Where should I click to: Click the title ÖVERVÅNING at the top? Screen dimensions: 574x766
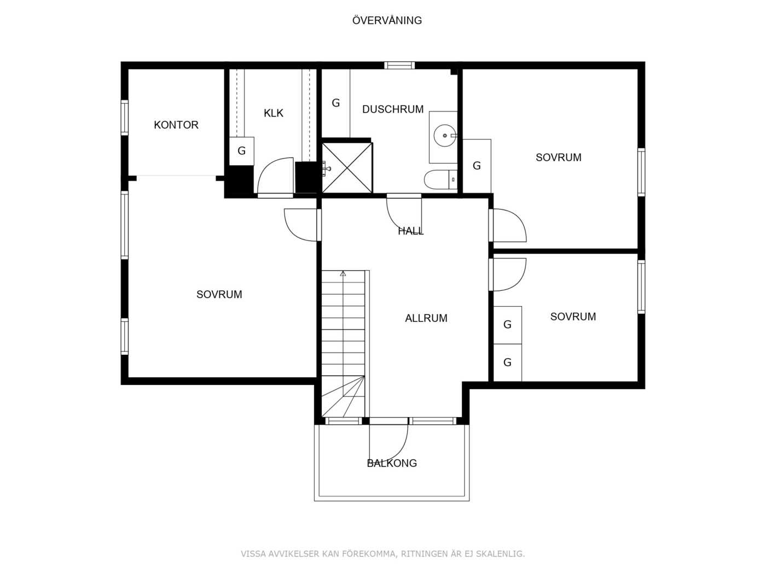[x=387, y=20]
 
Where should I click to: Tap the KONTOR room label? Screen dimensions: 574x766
[x=176, y=125]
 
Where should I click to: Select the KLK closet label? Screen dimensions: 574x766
[x=273, y=113]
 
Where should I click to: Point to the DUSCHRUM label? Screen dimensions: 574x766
[x=392, y=109]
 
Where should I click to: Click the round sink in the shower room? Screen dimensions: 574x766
[x=445, y=136]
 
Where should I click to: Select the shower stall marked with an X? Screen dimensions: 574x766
[x=347, y=168]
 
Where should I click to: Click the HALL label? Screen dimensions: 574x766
[x=410, y=231]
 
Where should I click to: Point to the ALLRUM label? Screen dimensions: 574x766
[x=426, y=318]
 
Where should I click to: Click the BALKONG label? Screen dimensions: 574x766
[x=392, y=463]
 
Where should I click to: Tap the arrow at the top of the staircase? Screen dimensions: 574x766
[x=343, y=273]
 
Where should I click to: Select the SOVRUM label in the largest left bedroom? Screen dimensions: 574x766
[x=219, y=294]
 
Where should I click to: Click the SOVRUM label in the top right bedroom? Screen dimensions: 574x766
[x=558, y=157]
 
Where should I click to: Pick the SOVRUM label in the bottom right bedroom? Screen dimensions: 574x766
[x=573, y=317]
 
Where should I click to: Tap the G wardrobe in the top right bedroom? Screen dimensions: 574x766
[x=477, y=166]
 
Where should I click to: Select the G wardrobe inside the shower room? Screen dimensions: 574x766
[x=335, y=103]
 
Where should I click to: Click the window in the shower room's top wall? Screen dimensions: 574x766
[x=399, y=66]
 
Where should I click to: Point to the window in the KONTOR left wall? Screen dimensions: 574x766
[x=125, y=118]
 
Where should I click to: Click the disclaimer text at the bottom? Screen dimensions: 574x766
[x=382, y=554]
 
